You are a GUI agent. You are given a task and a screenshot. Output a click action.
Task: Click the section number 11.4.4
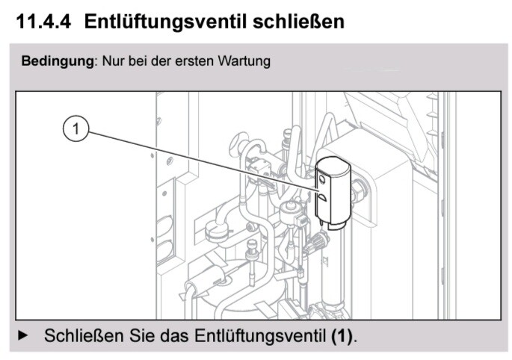(43, 22)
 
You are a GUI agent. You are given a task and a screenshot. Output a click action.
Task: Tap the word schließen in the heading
(298, 22)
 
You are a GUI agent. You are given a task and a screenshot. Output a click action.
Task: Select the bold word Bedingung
(58, 61)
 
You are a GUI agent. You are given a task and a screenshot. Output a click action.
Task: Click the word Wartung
(244, 61)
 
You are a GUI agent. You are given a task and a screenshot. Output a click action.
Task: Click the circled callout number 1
(75, 129)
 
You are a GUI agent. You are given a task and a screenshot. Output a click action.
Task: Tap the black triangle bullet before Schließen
(23, 335)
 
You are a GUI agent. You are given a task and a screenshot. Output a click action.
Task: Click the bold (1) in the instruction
(342, 335)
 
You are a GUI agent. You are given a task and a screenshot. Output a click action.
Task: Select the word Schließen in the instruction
(84, 335)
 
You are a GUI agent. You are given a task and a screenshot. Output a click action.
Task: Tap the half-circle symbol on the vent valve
(321, 197)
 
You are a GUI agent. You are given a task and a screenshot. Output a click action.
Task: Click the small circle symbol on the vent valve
(322, 179)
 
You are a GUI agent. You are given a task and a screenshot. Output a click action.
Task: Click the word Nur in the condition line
(114, 61)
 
